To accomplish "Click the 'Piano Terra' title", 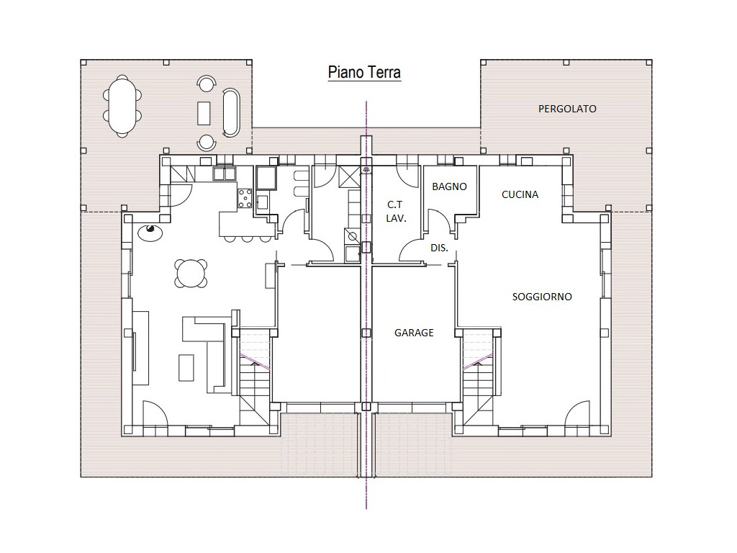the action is click(364, 73).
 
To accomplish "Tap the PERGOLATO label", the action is click(567, 109).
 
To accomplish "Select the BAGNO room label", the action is click(449, 186).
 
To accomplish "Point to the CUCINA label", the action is click(520, 194).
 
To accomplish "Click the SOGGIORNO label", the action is click(542, 297).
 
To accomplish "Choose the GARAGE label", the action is click(414, 333).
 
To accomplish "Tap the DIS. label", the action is click(439, 248).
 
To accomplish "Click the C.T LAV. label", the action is click(396, 211).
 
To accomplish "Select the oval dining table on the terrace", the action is click(122, 107).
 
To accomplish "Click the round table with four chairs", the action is click(191, 273).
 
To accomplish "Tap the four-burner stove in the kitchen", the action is click(245, 198).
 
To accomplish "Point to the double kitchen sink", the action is click(225, 174).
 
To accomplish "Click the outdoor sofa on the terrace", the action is click(231, 113).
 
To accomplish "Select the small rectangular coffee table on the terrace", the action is click(204, 113).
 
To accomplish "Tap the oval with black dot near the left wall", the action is click(150, 231).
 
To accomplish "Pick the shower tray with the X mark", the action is click(349, 177).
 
